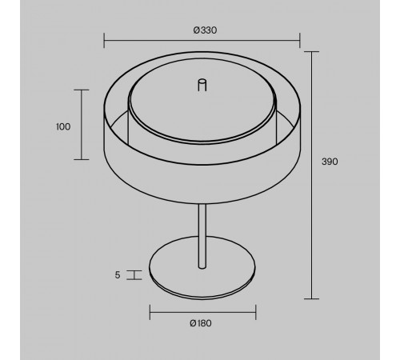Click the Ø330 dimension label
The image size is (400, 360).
pyautogui.click(x=205, y=30)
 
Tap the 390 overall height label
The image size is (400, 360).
pyautogui.click(x=330, y=162)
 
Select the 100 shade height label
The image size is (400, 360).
pyautogui.click(x=63, y=126)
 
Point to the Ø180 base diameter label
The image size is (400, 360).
pyautogui.click(x=201, y=323)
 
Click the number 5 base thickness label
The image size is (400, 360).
pyautogui.click(x=118, y=275)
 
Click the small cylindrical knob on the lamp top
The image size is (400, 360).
pyautogui.click(x=202, y=85)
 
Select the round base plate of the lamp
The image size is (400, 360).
pyautogui.click(x=202, y=267)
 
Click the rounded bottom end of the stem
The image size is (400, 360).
pyautogui.click(x=202, y=266)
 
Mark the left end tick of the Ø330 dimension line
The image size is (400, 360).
pyautogui.click(x=104, y=41)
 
